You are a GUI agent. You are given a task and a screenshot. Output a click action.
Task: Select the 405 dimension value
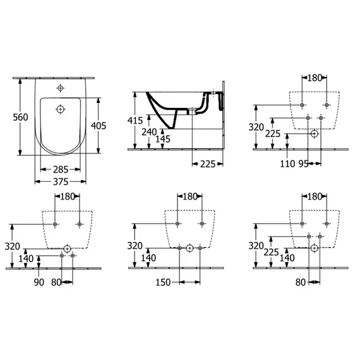(x=98, y=126)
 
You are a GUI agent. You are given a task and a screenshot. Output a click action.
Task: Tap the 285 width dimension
(x=61, y=170)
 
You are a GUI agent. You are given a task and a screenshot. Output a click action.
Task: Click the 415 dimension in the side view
(x=135, y=121)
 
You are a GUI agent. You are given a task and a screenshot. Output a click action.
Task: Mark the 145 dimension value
(x=164, y=139)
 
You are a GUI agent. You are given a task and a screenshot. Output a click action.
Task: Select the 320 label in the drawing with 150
(x=135, y=246)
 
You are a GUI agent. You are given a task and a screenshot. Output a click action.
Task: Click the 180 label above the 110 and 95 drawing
(x=314, y=78)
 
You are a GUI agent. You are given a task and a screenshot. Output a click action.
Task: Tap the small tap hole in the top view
(x=61, y=88)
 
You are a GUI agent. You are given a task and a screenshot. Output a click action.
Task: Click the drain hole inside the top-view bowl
(x=61, y=109)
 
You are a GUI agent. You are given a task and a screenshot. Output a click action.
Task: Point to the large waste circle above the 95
(x=315, y=133)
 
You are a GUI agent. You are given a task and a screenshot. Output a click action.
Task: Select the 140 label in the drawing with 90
(x=27, y=258)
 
